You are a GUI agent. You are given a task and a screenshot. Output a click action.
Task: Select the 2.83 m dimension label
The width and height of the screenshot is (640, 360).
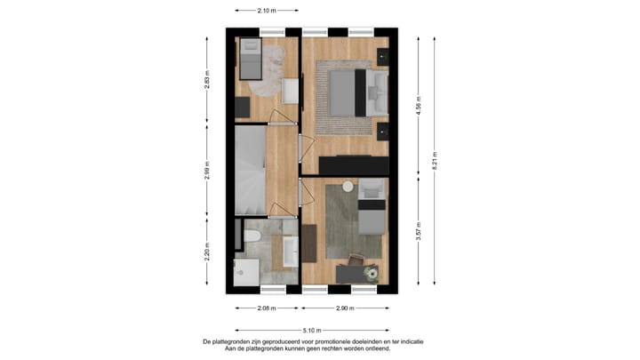click(207, 81)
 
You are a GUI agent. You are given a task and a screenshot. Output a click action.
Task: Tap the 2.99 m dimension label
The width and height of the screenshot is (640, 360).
click(207, 170)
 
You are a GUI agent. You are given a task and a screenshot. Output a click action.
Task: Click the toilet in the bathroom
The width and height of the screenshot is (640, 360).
click(252, 236)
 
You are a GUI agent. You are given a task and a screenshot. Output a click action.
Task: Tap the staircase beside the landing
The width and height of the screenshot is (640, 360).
click(250, 172)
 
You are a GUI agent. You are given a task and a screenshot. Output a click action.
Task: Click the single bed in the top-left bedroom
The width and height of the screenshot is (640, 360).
click(250, 60)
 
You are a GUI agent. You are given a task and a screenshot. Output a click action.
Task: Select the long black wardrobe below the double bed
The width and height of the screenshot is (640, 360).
click(354, 166)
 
